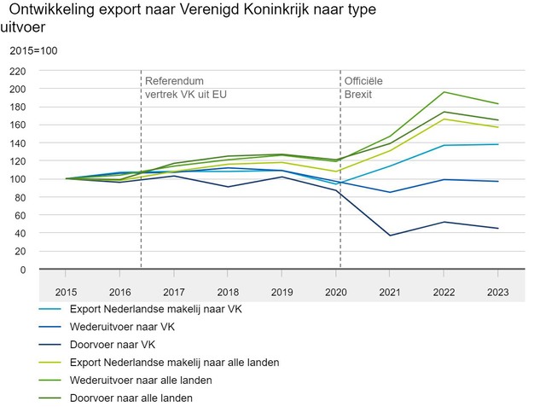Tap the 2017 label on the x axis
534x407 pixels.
pos(174,292)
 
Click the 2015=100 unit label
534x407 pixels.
pos(33,51)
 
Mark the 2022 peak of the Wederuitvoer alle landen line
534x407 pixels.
pos(444,92)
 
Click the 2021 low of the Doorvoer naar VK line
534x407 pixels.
pos(391,235)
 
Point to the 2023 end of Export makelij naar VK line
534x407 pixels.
pos(498,144)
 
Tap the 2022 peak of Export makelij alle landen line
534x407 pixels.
pos(444,119)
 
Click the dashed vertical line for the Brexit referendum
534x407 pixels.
pos(141,171)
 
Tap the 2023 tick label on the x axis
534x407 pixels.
pos(498,292)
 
